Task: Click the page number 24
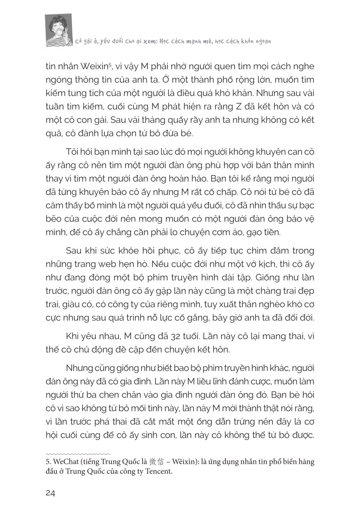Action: [x=50, y=493]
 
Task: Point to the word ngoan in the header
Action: [x=264, y=40]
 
